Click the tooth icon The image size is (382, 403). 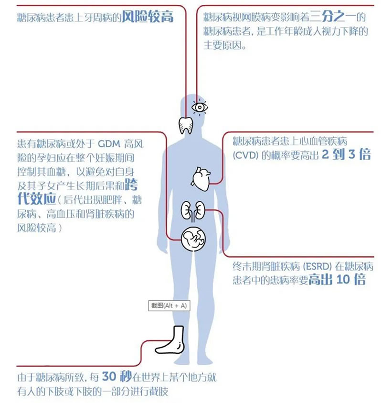[186, 125]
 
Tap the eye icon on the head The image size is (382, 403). [200, 107]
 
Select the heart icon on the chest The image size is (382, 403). [201, 179]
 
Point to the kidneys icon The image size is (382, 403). [193, 211]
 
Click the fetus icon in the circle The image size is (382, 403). [193, 239]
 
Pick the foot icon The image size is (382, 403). [170, 340]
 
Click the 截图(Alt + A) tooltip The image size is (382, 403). [169, 305]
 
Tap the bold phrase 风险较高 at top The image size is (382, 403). [148, 17]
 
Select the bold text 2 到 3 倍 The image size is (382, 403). [346, 154]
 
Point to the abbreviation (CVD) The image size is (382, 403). [245, 155]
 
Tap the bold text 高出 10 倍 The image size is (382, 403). [337, 279]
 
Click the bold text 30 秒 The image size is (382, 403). [117, 377]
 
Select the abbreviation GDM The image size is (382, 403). [109, 143]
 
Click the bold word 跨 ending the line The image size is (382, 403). [131, 185]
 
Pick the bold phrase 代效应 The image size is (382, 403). [37, 199]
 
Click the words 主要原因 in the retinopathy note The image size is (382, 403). [223, 45]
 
